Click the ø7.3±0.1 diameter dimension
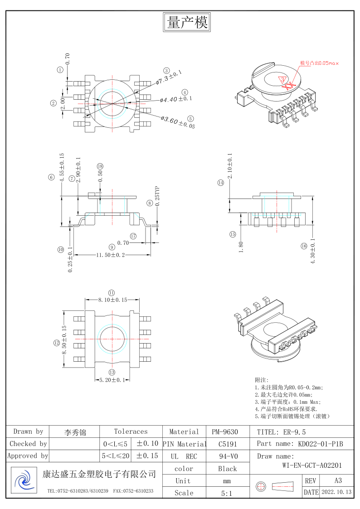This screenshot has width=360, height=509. pyautogui.click(x=169, y=78)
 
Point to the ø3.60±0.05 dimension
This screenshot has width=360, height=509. pyautogui.click(x=178, y=122)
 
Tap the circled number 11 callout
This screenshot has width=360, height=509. pyautogui.click(x=112, y=292)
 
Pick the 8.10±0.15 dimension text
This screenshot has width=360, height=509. pyautogui.click(x=113, y=300)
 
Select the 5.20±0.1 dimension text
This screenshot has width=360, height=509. pyautogui.click(x=112, y=380)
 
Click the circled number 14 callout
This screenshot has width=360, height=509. pyautogui.click(x=221, y=183)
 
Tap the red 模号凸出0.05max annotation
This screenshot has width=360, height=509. pyautogui.click(x=319, y=63)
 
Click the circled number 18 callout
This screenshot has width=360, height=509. pyautogui.click(x=100, y=166)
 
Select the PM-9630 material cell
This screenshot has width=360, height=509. pyautogui.click(x=224, y=431)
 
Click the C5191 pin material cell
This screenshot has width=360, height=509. pyautogui.click(x=224, y=444)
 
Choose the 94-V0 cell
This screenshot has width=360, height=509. pyautogui.click(x=224, y=456)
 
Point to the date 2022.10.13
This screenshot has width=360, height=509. pyautogui.click(x=336, y=492)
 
